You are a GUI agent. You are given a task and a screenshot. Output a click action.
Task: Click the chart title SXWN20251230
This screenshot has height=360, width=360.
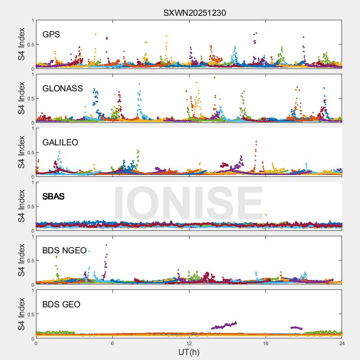point(194,13)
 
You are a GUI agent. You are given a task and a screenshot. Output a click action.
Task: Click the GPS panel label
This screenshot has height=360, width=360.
point(51,35)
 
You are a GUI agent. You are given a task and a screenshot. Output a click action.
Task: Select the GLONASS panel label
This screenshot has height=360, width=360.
point(63,89)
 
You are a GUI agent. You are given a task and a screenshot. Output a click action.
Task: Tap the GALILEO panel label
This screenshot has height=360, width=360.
point(60,143)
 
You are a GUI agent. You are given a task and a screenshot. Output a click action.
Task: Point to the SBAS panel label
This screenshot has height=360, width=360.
point(54,197)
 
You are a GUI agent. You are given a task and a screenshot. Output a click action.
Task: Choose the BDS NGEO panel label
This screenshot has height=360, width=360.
point(64,251)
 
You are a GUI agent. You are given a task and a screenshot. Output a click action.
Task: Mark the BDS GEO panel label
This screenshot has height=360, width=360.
point(61,305)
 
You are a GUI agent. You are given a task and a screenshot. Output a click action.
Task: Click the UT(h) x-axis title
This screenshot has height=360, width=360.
point(189,352)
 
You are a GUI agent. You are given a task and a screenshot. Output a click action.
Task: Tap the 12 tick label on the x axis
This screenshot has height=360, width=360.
point(189,343)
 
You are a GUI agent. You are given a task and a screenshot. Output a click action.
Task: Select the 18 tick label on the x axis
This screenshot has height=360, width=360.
point(265,343)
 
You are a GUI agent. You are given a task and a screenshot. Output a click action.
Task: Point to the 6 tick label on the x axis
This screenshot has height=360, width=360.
point(112,343)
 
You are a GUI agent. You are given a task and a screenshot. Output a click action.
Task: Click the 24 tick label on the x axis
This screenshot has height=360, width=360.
point(342,343)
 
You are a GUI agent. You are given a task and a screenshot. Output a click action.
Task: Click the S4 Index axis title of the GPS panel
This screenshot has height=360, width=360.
point(22,44)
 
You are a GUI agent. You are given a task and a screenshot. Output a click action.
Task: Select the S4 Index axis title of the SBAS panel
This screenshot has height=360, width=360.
point(22,206)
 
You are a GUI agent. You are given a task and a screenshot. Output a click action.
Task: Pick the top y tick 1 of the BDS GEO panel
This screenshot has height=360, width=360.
point(32,290)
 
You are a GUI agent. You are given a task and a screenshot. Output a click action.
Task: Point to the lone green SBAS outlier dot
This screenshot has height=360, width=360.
point(266,215)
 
